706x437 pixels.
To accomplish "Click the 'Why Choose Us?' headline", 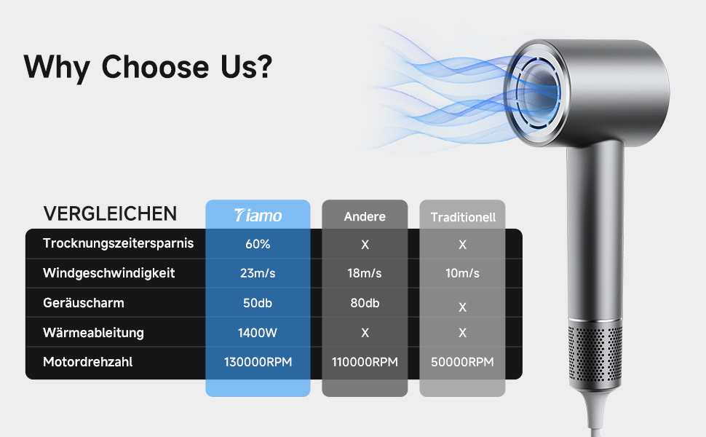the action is [148, 67].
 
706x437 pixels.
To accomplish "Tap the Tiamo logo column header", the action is [258, 216].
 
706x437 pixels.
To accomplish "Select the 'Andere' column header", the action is [365, 217].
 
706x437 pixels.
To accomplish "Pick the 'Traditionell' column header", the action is [463, 217].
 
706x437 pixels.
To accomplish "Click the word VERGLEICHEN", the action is [110, 213].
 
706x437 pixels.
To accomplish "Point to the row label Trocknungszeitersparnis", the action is [118, 243].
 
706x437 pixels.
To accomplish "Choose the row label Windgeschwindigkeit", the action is [108, 273].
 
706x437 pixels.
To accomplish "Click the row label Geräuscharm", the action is [83, 303].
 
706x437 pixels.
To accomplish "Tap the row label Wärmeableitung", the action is [93, 332].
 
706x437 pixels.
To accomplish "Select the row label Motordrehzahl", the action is [88, 362].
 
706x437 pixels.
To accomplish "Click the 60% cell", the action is [258, 244].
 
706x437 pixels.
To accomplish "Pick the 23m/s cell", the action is [258, 273].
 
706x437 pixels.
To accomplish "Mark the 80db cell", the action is [365, 303].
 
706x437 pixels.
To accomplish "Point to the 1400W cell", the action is [258, 333].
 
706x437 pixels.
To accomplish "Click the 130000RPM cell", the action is [258, 362].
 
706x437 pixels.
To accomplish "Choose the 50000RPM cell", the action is [462, 362].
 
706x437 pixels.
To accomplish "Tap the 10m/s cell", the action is [462, 273].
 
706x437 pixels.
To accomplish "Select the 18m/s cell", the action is [365, 273].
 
